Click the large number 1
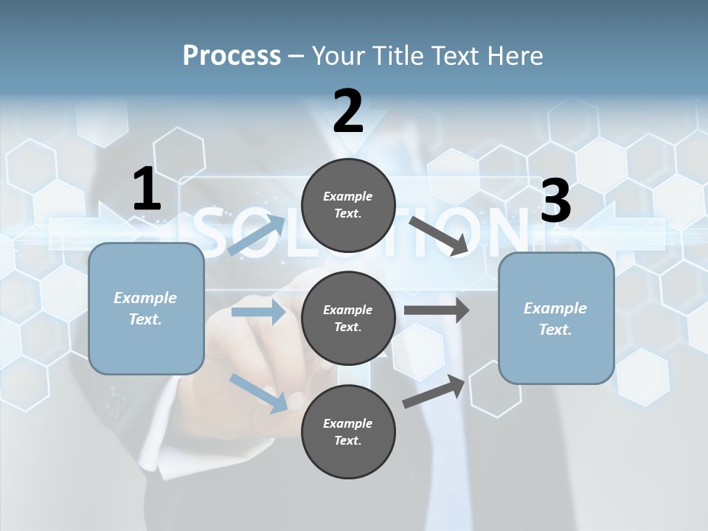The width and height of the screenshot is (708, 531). click(x=147, y=189)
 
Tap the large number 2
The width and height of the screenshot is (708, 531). click(x=347, y=111)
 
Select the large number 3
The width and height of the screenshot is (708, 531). click(x=555, y=201)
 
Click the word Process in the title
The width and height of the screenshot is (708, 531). click(x=232, y=55)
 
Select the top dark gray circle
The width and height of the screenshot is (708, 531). click(x=348, y=205)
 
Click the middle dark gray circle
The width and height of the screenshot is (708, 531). click(x=348, y=318)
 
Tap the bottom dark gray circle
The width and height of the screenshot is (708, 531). click(x=348, y=431)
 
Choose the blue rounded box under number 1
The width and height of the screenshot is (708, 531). click(x=146, y=308)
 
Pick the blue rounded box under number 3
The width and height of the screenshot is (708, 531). click(x=556, y=318)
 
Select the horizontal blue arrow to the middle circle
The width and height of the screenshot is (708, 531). click(x=258, y=312)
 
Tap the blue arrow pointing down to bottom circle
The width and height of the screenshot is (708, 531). click(x=258, y=392)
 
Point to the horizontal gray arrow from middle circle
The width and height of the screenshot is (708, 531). click(x=436, y=310)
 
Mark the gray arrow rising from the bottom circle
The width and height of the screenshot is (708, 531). click(x=434, y=391)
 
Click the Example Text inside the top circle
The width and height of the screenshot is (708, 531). click(x=348, y=205)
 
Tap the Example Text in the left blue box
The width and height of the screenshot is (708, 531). click(x=145, y=308)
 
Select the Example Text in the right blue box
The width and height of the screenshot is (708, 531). click(x=555, y=319)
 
